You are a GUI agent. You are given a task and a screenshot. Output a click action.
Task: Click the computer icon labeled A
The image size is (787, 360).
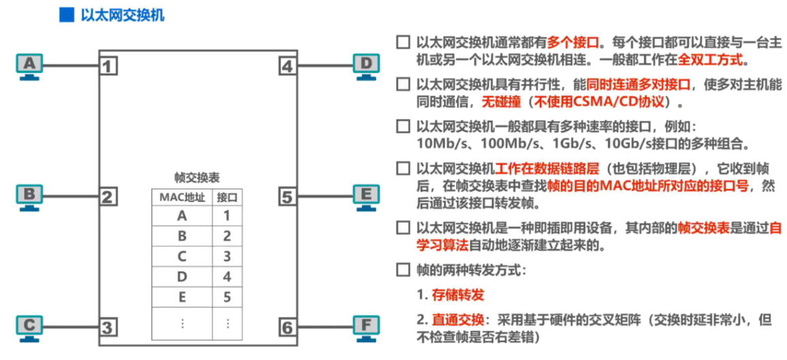(29, 66)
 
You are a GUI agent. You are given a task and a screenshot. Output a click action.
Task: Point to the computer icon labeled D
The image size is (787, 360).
(366, 66)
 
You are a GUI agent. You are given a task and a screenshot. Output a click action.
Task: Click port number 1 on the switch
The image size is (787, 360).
(108, 67)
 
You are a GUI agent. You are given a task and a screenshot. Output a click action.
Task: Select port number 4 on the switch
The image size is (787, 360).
(287, 67)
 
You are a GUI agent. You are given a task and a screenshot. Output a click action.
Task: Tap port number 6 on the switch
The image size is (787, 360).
(287, 328)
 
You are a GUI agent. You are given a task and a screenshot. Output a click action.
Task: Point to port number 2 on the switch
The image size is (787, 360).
(108, 198)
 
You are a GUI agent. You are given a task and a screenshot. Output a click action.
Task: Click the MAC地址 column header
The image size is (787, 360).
(181, 197)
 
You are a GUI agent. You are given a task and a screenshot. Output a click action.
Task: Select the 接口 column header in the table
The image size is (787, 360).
(227, 197)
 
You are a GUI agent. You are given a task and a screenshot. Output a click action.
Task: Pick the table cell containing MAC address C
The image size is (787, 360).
(181, 257)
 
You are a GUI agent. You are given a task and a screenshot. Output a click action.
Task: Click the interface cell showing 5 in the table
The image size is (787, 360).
(227, 297)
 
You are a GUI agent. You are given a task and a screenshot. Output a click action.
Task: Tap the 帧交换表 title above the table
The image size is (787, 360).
(197, 177)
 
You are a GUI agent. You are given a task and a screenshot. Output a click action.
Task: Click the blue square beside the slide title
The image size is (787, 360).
(66, 15)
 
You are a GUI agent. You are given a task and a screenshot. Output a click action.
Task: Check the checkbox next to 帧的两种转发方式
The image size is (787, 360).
(403, 269)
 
